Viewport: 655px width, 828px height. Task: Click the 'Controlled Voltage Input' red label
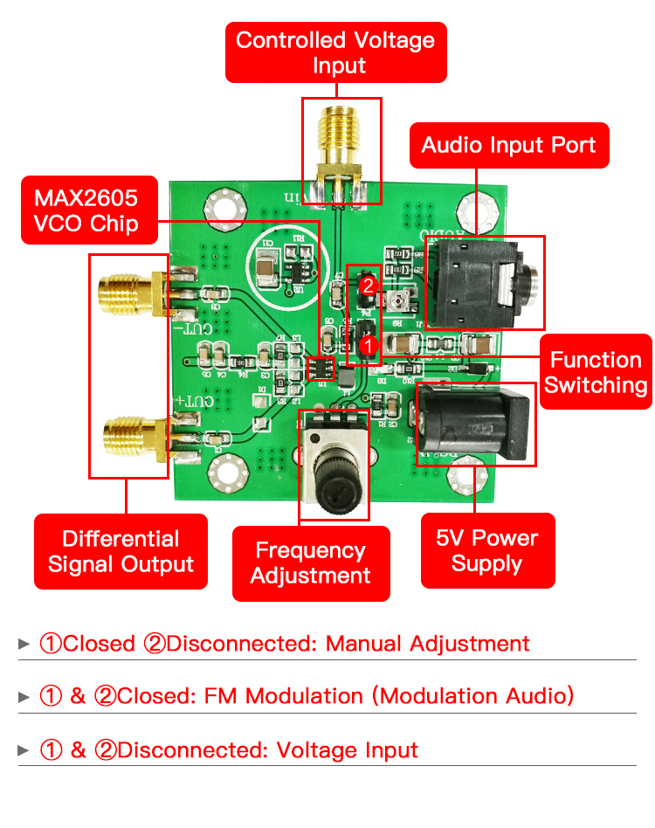tap(335, 52)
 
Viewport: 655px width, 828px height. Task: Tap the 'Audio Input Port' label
tap(509, 145)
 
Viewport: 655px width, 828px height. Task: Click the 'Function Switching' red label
tap(596, 372)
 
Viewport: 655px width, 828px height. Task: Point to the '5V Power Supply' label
tap(487, 550)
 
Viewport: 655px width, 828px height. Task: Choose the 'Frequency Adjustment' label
tap(310, 563)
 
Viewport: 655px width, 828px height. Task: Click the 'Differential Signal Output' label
tap(121, 551)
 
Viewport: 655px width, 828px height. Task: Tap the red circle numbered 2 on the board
tap(369, 285)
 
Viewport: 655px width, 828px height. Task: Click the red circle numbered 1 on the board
tap(369, 346)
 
